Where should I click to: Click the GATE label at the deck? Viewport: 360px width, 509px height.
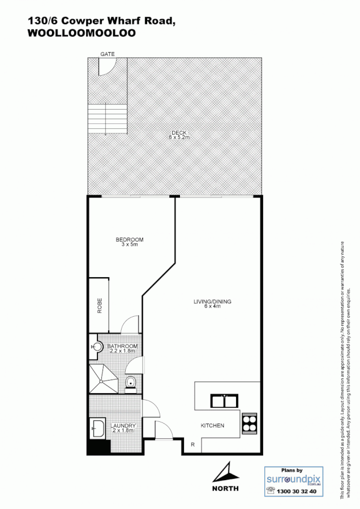[108, 54]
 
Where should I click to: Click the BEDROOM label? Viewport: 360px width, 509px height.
[130, 240]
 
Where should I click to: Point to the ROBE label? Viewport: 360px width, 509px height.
[99, 306]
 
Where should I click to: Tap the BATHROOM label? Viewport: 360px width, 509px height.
[123, 346]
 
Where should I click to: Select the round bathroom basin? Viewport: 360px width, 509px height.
[97, 347]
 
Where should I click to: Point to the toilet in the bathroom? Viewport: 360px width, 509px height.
[131, 383]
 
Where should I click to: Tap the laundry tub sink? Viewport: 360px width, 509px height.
[97, 428]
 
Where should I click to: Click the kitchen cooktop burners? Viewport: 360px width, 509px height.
[250, 423]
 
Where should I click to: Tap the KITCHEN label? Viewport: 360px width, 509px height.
[213, 425]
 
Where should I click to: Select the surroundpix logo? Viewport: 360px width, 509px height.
[294, 480]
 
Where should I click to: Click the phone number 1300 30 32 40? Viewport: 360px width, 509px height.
[299, 491]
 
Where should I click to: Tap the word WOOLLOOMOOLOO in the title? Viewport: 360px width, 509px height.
[82, 33]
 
